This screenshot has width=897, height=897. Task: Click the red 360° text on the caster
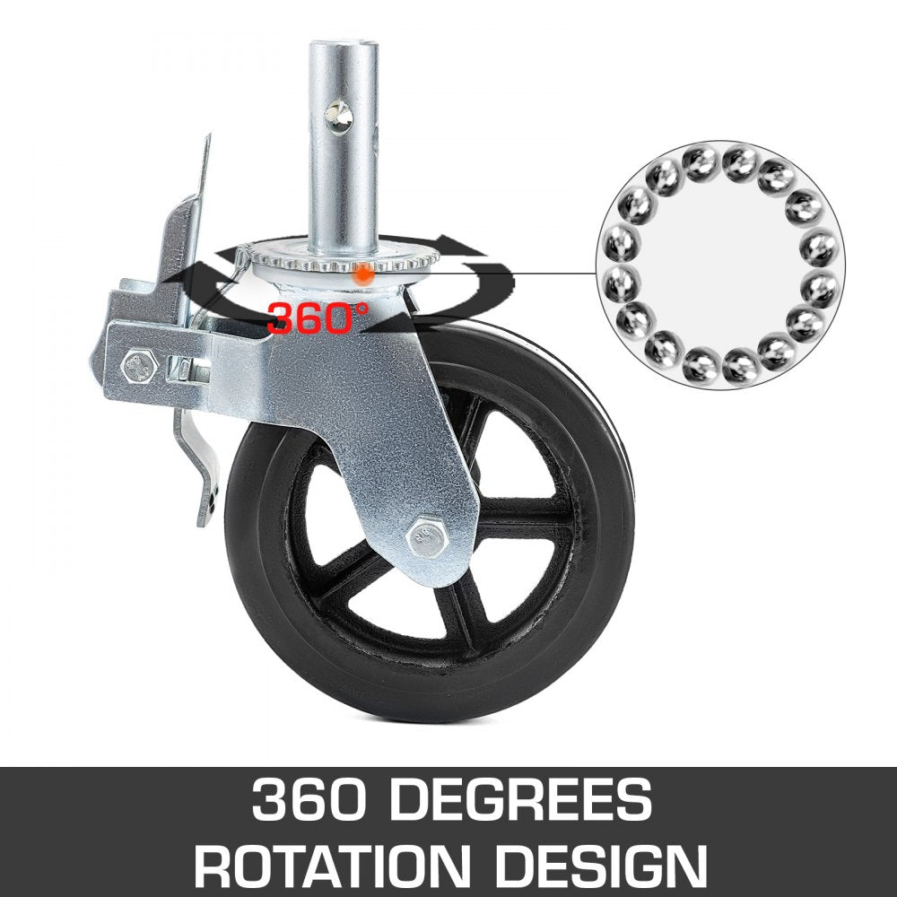pyautogui.click(x=318, y=318)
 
